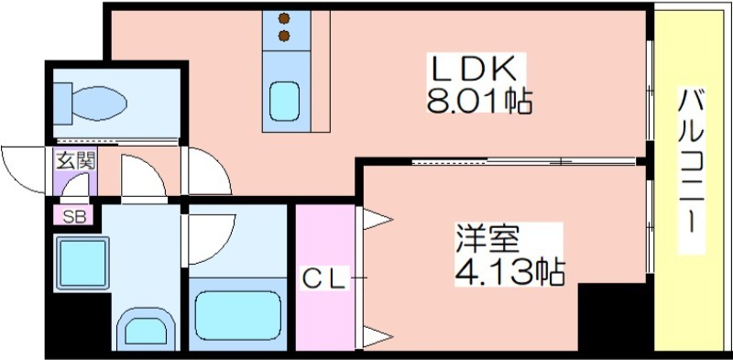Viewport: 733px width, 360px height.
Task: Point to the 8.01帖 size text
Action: click(x=479, y=101)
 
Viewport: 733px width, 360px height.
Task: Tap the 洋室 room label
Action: click(x=488, y=240)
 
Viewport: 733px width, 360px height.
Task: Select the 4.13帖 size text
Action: click(x=510, y=272)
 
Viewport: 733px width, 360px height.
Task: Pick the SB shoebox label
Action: click(x=74, y=216)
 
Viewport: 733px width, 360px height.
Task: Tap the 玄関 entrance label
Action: click(x=76, y=161)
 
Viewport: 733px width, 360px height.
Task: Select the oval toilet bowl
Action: click(x=99, y=103)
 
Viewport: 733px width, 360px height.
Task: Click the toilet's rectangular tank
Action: click(x=62, y=104)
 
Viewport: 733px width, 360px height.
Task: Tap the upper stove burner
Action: click(x=284, y=19)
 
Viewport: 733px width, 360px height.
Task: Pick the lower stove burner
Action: click(x=284, y=36)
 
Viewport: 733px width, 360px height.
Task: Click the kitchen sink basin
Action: click(x=284, y=102)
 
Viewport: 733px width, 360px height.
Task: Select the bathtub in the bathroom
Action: click(x=238, y=315)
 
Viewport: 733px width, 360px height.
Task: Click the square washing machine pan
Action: click(x=82, y=264)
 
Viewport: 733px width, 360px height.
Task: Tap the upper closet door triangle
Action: click(x=377, y=219)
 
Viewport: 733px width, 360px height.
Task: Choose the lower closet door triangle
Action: click(x=377, y=336)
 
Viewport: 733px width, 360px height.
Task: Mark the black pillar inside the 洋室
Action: click(x=615, y=317)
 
